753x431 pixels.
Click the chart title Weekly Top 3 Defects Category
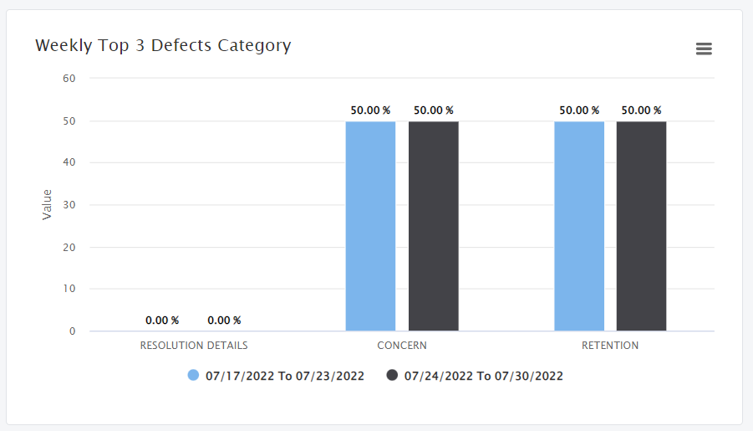pyautogui.click(x=163, y=45)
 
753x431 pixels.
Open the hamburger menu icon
pyautogui.click(x=704, y=49)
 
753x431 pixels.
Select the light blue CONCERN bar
pyautogui.click(x=370, y=226)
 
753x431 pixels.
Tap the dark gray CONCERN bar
pyautogui.click(x=433, y=226)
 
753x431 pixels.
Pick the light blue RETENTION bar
pyautogui.click(x=578, y=226)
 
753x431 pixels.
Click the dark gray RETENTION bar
pyautogui.click(x=641, y=226)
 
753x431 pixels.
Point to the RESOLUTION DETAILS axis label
pyautogui.click(x=194, y=345)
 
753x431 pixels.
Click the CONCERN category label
pyautogui.click(x=402, y=345)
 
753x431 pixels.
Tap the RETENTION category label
pyautogui.click(x=610, y=345)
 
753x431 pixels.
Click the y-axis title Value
pyautogui.click(x=47, y=205)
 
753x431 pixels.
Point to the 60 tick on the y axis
pyautogui.click(x=69, y=79)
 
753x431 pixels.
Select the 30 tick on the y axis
pyautogui.click(x=69, y=205)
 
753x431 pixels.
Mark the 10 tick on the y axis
pyautogui.click(x=69, y=289)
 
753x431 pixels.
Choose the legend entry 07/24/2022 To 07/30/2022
pyautogui.click(x=483, y=376)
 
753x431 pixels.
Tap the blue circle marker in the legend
pyautogui.click(x=194, y=376)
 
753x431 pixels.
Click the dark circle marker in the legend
pyautogui.click(x=392, y=376)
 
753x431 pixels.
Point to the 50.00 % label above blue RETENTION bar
pyautogui.click(x=578, y=110)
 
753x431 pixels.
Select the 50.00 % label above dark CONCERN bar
pyautogui.click(x=433, y=110)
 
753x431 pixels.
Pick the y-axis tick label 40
pyautogui.click(x=69, y=162)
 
